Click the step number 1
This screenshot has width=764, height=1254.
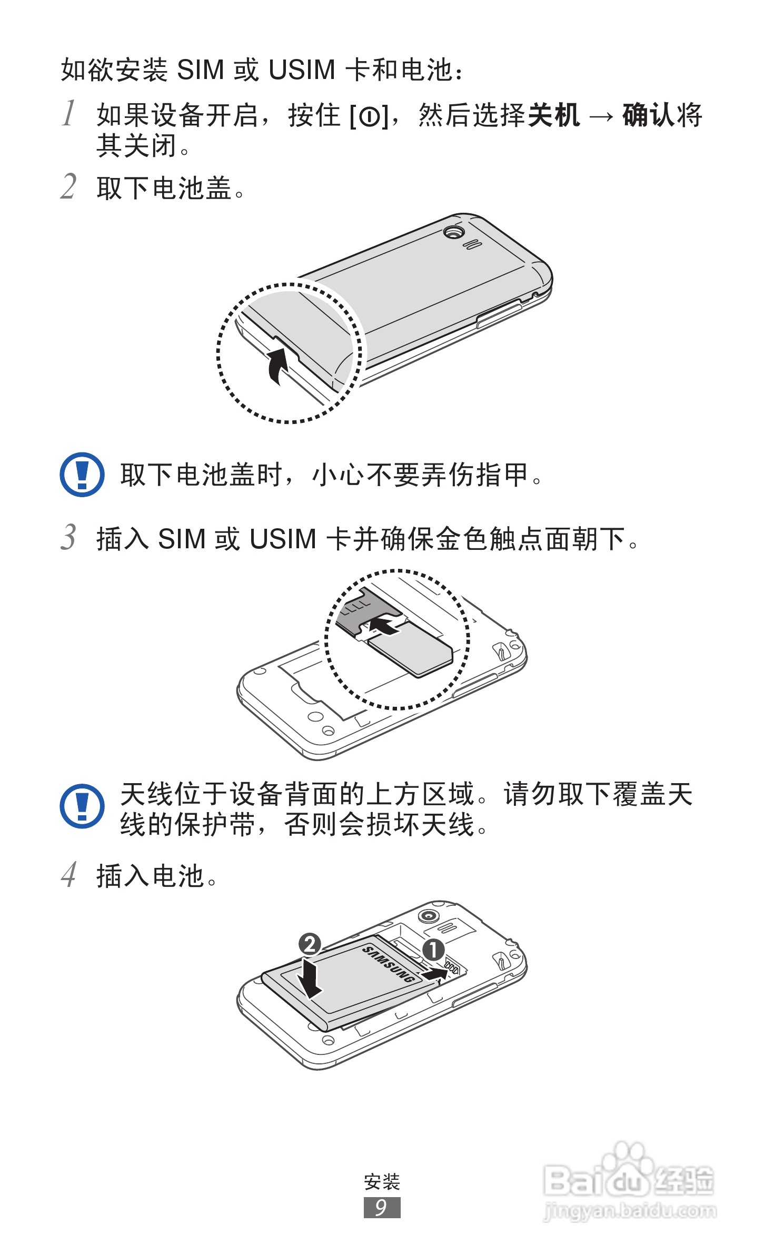click(x=68, y=113)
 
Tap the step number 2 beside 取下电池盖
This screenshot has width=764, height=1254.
click(x=68, y=186)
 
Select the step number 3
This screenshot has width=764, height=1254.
click(x=68, y=537)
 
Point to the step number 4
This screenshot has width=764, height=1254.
click(x=68, y=875)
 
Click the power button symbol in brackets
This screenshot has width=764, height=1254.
click(x=370, y=116)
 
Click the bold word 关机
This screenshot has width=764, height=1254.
click(x=554, y=115)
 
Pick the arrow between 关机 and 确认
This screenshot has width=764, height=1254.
click(x=601, y=116)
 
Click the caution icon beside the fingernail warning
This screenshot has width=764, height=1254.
click(x=82, y=474)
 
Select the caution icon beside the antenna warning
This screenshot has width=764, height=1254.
click(x=82, y=806)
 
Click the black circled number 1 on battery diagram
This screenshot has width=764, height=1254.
click(x=434, y=950)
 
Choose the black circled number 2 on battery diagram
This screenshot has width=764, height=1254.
click(x=310, y=944)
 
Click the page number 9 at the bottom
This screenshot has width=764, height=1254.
click(x=382, y=1207)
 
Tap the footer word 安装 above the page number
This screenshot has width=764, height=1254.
click(x=382, y=1182)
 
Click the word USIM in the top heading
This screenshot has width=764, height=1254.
click(x=302, y=70)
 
